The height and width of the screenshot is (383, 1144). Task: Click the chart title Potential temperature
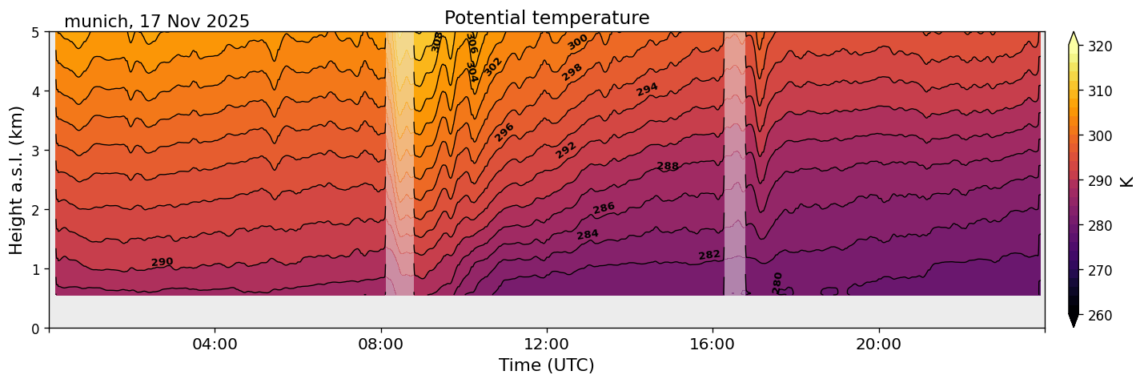[546, 18]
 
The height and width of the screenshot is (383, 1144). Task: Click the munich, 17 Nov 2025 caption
[157, 22]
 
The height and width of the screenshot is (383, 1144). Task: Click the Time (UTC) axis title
[546, 365]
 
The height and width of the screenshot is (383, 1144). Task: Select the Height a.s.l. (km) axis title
[17, 179]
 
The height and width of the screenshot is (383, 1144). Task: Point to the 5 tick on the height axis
[37, 32]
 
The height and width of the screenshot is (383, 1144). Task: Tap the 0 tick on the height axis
[37, 328]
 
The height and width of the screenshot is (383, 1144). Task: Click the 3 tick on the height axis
[37, 151]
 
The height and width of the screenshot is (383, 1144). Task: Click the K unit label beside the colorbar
[1128, 181]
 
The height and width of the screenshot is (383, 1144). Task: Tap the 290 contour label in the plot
[163, 262]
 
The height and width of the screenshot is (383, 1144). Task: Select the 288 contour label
[668, 167]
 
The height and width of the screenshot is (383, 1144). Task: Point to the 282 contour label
[709, 255]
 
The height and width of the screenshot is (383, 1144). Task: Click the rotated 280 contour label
[777, 282]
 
